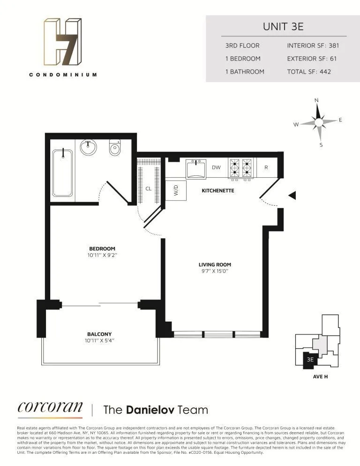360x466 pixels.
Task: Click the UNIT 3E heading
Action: pyautogui.click(x=283, y=26)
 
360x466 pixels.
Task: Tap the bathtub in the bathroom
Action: pyautogui.click(x=62, y=173)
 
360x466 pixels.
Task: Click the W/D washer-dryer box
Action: pyautogui.click(x=176, y=190)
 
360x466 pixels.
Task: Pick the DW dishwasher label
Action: pyautogui.click(x=216, y=167)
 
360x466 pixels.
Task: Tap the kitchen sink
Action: pyautogui.click(x=196, y=169)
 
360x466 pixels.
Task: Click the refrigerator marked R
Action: pyautogui.click(x=266, y=167)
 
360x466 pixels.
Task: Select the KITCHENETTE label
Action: pyautogui.click(x=217, y=191)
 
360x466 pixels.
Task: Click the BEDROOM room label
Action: pyautogui.click(x=102, y=249)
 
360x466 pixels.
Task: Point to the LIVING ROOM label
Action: pyautogui.click(x=215, y=264)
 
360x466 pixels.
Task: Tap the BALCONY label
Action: pyautogui.click(x=98, y=334)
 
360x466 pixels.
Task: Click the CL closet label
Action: pyautogui.click(x=148, y=188)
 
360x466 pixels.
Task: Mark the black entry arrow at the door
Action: pyautogui.click(x=292, y=195)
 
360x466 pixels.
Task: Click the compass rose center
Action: pyautogui.click(x=319, y=122)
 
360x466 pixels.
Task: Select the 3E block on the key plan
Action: pyautogui.click(x=309, y=360)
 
